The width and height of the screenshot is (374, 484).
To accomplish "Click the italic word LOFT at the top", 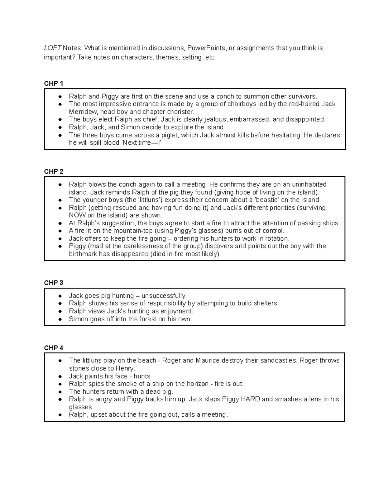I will pyautogui.click(x=52, y=48).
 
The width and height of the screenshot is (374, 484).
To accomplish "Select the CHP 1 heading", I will pyautogui.click(x=54, y=84).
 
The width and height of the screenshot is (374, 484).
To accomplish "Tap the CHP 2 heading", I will pyautogui.click(x=54, y=172).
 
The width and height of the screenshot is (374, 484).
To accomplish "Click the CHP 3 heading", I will pyautogui.click(x=54, y=283).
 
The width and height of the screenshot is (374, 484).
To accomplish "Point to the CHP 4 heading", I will pyautogui.click(x=54, y=348).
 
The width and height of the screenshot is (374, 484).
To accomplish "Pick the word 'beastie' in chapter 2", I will pyautogui.click(x=265, y=200).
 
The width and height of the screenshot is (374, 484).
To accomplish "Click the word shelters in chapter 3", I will pyautogui.click(x=265, y=303).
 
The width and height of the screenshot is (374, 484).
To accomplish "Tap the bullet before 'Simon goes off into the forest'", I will pyautogui.click(x=60, y=319).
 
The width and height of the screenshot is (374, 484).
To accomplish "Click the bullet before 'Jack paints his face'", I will pyautogui.click(x=60, y=376).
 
